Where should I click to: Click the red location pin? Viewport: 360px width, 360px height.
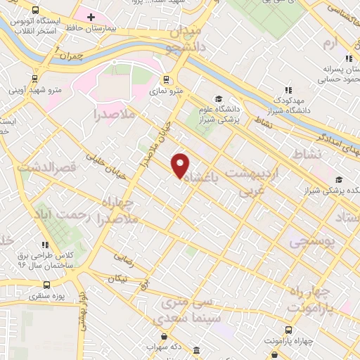click(x=181, y=165)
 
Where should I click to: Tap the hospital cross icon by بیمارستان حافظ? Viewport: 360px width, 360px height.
click(x=91, y=17)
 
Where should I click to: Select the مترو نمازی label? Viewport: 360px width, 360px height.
click(x=169, y=90)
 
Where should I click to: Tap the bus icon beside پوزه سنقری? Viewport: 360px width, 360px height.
click(x=46, y=285)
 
